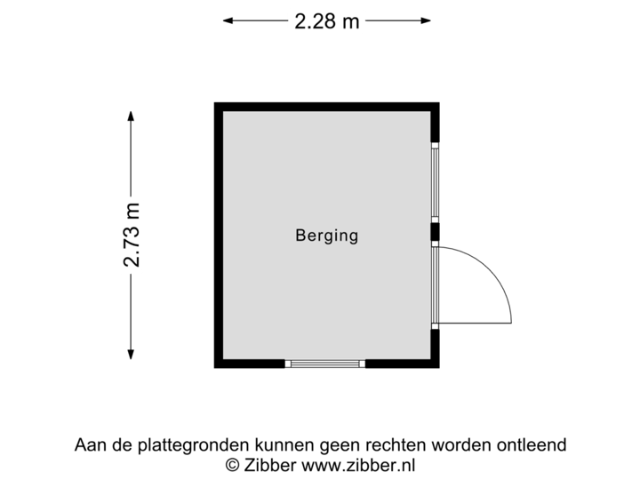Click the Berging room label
coord(326,236)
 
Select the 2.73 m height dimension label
coord(132,236)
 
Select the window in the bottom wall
coord(324,364)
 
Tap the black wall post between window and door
coord(436,233)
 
